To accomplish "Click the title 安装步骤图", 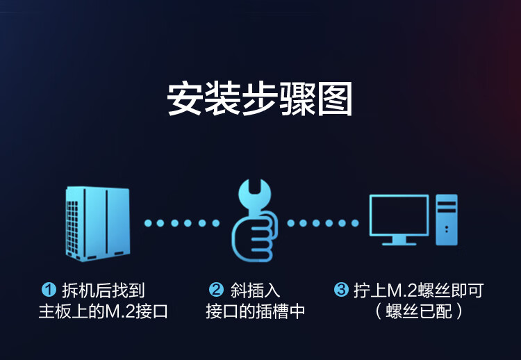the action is (x=259, y=99).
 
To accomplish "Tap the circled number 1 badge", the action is (x=49, y=290).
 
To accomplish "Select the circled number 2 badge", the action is (x=216, y=290).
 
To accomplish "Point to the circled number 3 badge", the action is (x=341, y=290).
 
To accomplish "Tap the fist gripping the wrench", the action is (x=255, y=236).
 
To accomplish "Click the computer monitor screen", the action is (x=399, y=215).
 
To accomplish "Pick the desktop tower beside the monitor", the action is (x=447, y=220).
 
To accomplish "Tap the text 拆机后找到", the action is (x=104, y=291).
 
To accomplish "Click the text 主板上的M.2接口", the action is (x=104, y=311).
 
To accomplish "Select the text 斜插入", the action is (x=255, y=291).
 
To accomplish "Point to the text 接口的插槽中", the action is (x=255, y=311).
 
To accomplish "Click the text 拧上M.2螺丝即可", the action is (x=419, y=291).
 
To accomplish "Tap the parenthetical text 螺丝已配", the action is (x=419, y=311).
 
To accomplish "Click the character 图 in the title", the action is (x=335, y=99).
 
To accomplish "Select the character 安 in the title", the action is (x=184, y=99).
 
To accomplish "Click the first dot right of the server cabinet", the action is (x=148, y=223).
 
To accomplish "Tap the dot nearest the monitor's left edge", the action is (x=355, y=223).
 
